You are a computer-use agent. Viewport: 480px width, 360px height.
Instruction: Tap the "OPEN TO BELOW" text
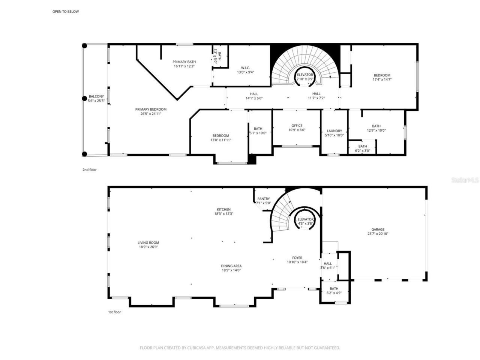coord(66,12)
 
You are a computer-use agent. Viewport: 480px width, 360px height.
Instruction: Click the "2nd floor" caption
coord(90,170)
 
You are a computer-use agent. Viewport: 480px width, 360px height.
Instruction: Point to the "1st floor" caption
coord(114,312)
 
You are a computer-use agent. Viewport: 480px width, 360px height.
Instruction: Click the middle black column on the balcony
coord(85,99)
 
